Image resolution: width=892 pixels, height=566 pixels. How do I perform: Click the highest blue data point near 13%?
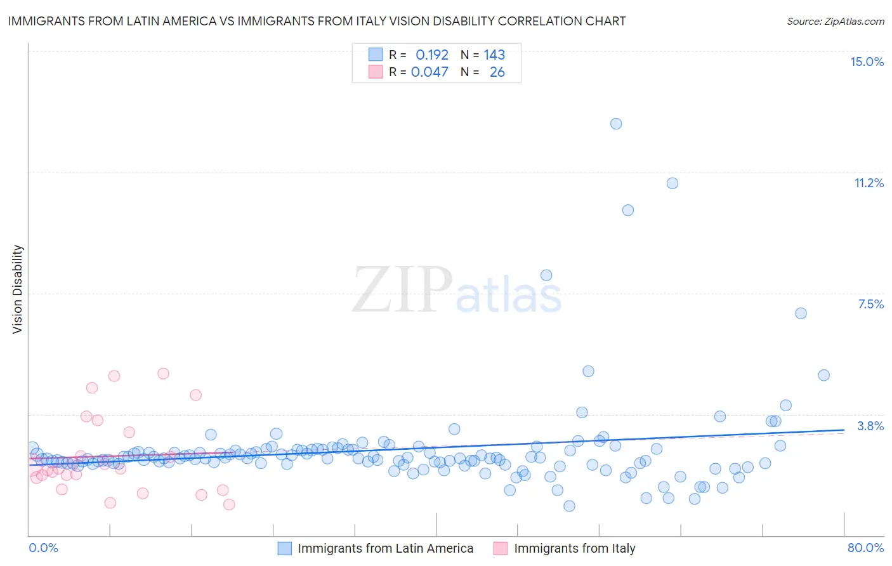pos(616,124)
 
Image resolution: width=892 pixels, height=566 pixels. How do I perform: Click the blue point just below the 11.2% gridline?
pos(672,183)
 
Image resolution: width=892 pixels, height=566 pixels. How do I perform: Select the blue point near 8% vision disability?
pos(546,275)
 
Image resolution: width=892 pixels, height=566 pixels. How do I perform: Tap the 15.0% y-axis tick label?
pos(867,62)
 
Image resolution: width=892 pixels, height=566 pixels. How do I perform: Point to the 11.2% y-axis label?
pos(869,183)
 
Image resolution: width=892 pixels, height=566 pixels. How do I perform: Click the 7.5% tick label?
pos(870,304)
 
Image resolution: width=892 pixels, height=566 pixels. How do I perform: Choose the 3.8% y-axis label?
pos(870,426)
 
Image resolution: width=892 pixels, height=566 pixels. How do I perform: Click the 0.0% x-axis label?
pos(43,548)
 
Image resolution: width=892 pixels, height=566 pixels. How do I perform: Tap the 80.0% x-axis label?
pos(865,548)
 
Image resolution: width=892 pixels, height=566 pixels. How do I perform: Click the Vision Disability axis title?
pos(18,289)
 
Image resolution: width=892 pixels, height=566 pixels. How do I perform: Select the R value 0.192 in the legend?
pos(431,55)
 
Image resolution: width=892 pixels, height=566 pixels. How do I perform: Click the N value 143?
pos(494,55)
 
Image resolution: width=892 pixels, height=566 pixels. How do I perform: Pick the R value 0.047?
pos(430,72)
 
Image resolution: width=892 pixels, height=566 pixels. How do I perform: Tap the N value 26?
pos(497,72)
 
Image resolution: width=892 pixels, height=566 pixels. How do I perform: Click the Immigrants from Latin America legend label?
pos(385,549)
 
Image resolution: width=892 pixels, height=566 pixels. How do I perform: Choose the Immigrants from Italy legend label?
pos(574,549)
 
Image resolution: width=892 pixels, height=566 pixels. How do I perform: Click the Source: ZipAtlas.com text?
pos(835,22)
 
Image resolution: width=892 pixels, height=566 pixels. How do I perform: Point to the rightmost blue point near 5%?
pos(823,375)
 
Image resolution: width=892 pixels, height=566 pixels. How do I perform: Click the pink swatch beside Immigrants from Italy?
pos(501,549)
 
